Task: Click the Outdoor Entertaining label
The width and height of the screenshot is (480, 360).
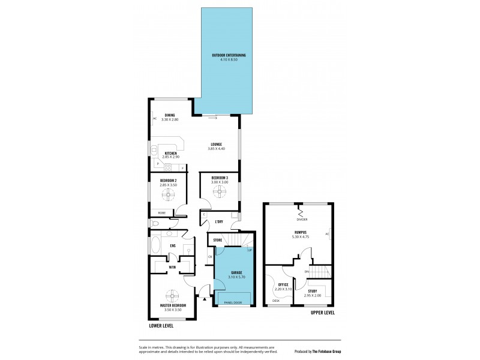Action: pos(229,56)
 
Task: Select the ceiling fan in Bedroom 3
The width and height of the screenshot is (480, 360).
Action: pos(220,191)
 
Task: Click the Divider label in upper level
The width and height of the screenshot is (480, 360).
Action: pos(301,220)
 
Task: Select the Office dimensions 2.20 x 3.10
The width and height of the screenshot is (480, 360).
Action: pos(283,289)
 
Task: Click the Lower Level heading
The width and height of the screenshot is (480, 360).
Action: pos(161,326)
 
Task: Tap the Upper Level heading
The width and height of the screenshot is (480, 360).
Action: pos(323,313)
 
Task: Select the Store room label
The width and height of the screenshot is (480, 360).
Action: pos(218,240)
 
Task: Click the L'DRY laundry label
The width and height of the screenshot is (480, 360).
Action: pos(220,223)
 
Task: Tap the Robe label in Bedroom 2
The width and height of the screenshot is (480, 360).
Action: pos(161,212)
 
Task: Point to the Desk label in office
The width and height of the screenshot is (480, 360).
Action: pos(276,301)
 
